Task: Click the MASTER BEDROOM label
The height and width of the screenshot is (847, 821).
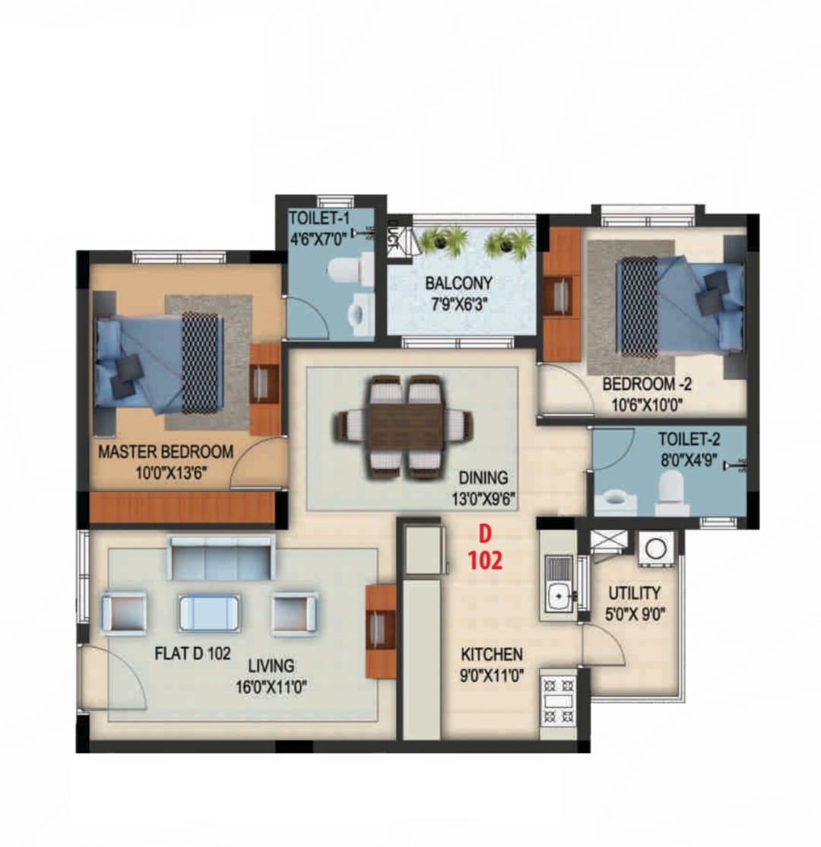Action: tap(166, 452)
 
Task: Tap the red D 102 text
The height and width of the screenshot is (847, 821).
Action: tap(485, 548)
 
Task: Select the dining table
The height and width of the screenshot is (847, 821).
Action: tap(406, 427)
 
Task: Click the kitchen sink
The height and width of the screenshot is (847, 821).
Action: tap(559, 583)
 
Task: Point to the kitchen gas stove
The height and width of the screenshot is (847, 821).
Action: tap(558, 701)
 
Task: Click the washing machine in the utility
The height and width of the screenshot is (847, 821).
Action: tap(655, 549)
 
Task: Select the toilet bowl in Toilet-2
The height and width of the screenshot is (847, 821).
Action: tap(671, 492)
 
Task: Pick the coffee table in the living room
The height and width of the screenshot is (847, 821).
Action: tap(209, 613)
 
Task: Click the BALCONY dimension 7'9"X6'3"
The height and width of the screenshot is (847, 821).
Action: tap(459, 305)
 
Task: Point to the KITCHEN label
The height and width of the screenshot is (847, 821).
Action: tap(492, 655)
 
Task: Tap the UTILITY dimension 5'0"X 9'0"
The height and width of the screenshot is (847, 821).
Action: tap(635, 615)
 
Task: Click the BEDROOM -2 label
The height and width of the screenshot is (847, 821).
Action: tap(647, 385)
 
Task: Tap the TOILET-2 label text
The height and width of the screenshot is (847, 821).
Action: tap(689, 439)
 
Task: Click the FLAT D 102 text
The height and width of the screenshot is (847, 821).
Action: tap(193, 654)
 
